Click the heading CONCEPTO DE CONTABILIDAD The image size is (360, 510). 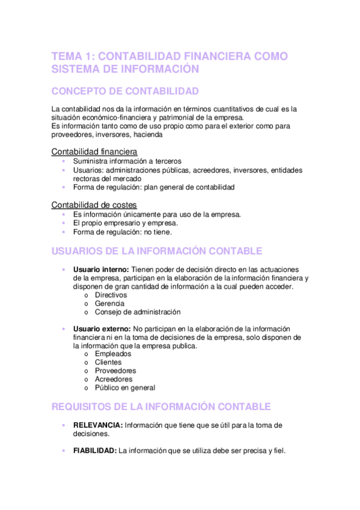125,91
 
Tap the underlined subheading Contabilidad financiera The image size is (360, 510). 94,151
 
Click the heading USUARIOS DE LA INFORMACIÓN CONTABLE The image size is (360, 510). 157,251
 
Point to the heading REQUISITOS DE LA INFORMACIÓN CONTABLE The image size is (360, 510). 161,407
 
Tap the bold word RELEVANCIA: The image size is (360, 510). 98,425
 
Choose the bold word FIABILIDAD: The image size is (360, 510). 95,450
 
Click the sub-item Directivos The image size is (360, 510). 111,295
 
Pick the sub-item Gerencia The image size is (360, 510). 109,304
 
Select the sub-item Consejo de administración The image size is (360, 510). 138,312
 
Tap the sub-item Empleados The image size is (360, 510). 113,354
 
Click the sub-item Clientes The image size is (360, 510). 108,363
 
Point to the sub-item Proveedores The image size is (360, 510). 115,371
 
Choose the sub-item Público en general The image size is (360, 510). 125,388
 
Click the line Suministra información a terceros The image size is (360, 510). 127,161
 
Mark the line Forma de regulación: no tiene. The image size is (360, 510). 122,232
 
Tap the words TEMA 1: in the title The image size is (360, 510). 73,57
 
